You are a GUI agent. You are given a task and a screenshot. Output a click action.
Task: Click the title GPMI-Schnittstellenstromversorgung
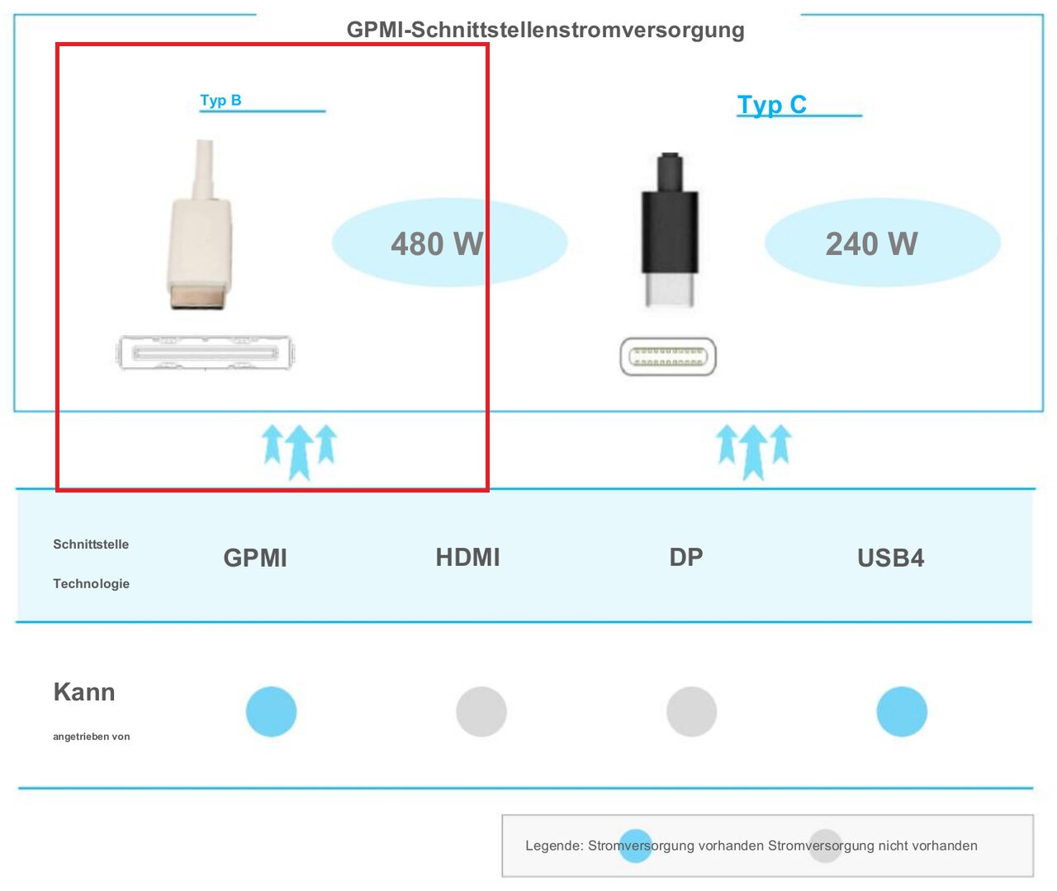point(545,30)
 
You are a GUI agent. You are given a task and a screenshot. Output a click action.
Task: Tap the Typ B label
point(220,100)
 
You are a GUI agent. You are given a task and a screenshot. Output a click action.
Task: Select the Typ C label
point(771,105)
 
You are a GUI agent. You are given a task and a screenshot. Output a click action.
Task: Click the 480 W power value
point(438,243)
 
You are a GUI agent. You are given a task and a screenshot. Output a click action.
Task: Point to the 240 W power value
point(871,243)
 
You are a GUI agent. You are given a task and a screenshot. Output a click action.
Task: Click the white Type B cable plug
point(201,225)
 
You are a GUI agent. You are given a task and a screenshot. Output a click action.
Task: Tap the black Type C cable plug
point(670,230)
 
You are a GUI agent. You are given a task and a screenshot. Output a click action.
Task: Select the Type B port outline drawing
point(205,352)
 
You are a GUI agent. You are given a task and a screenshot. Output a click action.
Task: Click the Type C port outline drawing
point(668,356)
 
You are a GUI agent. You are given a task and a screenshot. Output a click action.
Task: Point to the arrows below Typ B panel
point(299,451)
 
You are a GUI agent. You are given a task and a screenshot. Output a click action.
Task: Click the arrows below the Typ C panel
point(754,451)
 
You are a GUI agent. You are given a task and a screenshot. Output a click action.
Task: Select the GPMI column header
point(255,558)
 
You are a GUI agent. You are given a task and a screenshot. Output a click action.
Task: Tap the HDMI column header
point(467,557)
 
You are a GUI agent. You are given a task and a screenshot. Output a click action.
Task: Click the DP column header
point(686,557)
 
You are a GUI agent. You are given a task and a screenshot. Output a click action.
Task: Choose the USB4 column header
point(890,558)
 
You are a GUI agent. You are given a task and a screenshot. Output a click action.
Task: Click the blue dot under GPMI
point(272,711)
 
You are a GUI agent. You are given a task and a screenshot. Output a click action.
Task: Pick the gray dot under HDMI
point(481,711)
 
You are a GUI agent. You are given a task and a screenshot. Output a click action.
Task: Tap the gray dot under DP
point(691,711)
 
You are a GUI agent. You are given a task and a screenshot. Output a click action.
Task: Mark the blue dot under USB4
point(902,711)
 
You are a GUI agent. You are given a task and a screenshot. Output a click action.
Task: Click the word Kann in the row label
point(84,692)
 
